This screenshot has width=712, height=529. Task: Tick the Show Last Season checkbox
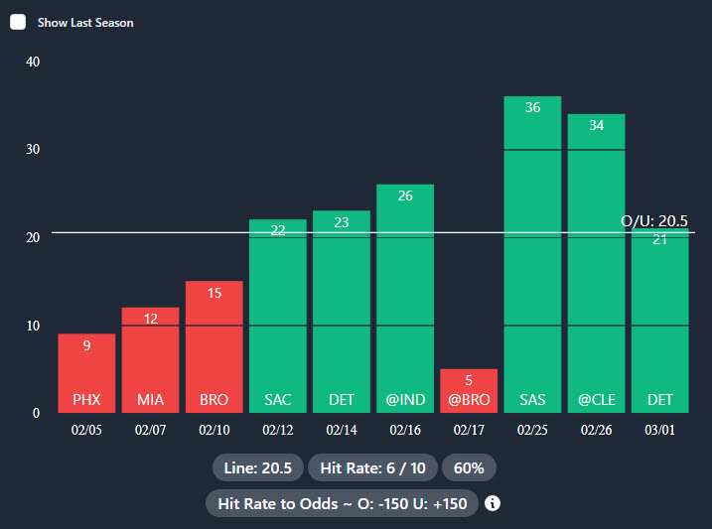[18, 22]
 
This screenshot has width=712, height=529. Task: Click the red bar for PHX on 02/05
[86, 372]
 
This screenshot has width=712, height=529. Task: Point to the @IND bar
[405, 298]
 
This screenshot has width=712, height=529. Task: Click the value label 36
[532, 107]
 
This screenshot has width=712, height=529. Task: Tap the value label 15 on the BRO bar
[214, 293]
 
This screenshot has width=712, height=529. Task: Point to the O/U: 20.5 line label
[654, 220]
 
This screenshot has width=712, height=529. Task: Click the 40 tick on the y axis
[33, 62]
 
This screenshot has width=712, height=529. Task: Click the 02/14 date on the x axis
[342, 432]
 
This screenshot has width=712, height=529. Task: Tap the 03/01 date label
[660, 432]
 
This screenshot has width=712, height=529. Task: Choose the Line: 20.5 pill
[256, 467]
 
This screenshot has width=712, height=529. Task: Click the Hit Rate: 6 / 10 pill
[371, 467]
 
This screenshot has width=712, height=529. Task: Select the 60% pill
[469, 467]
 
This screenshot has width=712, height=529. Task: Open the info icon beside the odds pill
[493, 503]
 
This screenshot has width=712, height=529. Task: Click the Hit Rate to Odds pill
[342, 503]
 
